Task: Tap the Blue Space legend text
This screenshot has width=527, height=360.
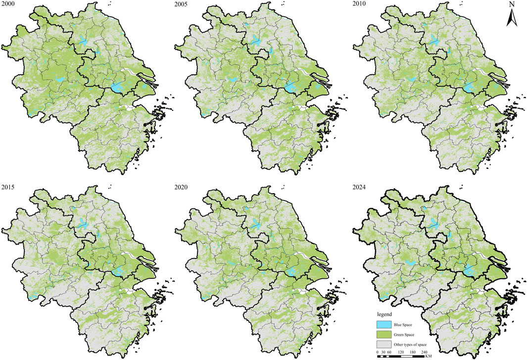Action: [412, 325]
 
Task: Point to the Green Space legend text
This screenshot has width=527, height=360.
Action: [413, 335]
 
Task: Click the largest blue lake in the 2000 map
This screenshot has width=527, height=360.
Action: [117, 88]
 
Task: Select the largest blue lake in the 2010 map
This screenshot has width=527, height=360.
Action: [469, 88]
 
